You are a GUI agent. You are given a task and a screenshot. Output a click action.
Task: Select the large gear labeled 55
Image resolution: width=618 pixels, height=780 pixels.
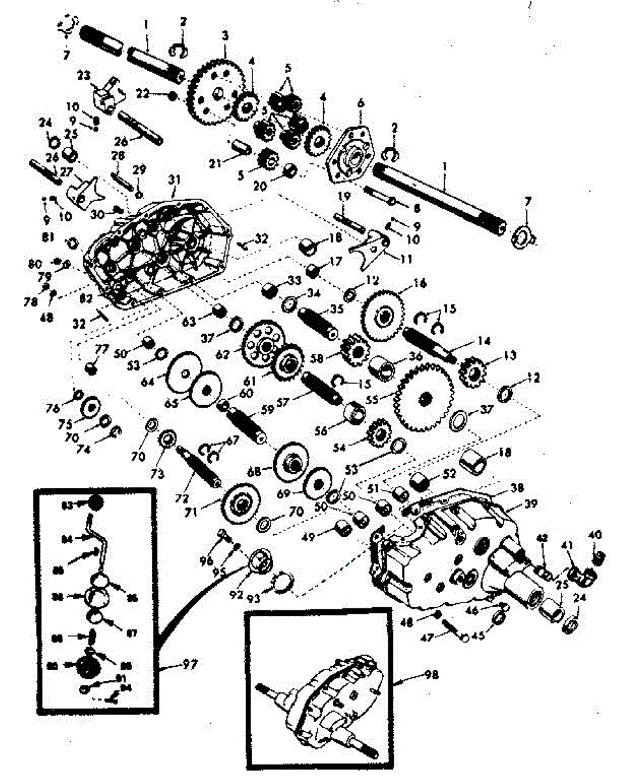(x=423, y=397)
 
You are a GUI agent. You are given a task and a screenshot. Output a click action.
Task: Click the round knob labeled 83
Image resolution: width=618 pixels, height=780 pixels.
(x=96, y=504)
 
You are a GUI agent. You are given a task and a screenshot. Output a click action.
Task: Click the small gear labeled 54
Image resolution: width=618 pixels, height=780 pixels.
(x=378, y=432)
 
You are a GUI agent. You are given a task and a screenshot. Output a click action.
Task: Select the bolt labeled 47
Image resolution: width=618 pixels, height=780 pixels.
(x=453, y=630)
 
